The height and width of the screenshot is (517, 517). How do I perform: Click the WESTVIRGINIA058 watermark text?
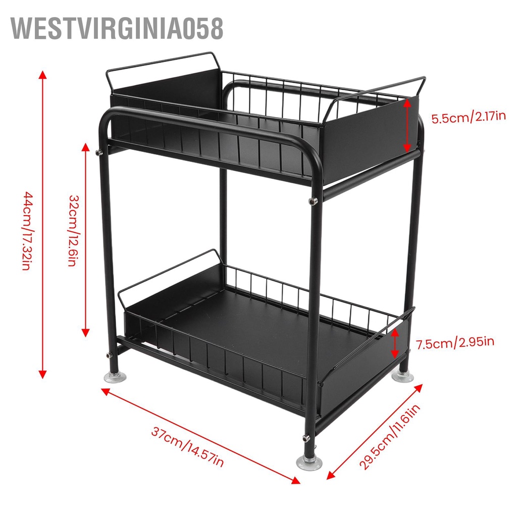(117, 28)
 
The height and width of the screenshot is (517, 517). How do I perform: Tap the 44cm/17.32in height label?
(27, 231)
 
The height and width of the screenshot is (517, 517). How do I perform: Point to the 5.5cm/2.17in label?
(468, 118)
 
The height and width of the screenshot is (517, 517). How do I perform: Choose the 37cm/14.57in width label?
(187, 446)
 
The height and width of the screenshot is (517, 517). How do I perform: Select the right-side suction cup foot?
(404, 376)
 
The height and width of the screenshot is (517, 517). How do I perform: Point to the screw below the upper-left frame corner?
(99, 150)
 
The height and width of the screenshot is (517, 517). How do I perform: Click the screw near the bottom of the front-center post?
(306, 437)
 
